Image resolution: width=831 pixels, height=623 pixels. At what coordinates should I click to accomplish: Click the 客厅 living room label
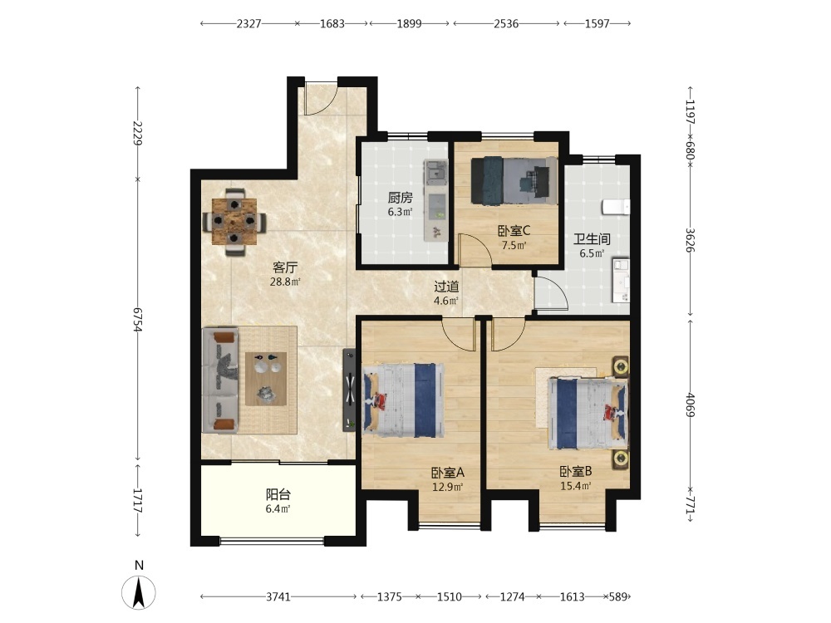pyautogui.click(x=284, y=267)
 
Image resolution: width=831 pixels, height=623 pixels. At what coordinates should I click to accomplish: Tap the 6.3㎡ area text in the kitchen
pyautogui.click(x=400, y=213)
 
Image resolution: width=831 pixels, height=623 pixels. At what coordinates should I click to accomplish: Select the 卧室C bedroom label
pyautogui.click(x=514, y=231)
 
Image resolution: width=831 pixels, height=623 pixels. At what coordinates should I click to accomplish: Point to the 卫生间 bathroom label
pyautogui.click(x=592, y=239)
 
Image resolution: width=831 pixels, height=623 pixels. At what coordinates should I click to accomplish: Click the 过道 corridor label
pyautogui.click(x=446, y=287)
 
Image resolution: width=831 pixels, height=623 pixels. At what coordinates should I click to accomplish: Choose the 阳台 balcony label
pyautogui.click(x=278, y=495)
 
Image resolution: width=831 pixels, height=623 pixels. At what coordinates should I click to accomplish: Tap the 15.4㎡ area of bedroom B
pyautogui.click(x=576, y=486)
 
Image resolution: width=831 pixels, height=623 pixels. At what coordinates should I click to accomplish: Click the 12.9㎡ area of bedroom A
pyautogui.click(x=448, y=487)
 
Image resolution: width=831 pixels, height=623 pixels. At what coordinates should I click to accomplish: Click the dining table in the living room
pyautogui.click(x=234, y=222)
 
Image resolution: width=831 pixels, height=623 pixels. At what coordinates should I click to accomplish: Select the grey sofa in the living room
pyautogui.click(x=219, y=380)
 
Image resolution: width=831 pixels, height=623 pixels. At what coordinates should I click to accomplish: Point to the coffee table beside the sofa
pyautogui.click(x=266, y=379)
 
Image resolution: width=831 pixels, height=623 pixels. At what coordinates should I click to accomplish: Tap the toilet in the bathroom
pyautogui.click(x=617, y=207)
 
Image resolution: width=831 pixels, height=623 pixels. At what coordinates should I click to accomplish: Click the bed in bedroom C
pyautogui.click(x=514, y=180)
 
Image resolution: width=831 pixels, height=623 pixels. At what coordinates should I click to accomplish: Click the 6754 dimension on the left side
pyautogui.click(x=138, y=319)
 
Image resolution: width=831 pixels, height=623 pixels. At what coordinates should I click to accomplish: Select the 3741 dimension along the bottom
pyautogui.click(x=278, y=597)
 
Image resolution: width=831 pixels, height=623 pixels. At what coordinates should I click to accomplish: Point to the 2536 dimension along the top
pyautogui.click(x=506, y=23)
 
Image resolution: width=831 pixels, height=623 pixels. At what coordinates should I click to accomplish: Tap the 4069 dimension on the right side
pyautogui.click(x=690, y=405)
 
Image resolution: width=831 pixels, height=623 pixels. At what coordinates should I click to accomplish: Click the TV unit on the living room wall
pyautogui.click(x=349, y=390)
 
